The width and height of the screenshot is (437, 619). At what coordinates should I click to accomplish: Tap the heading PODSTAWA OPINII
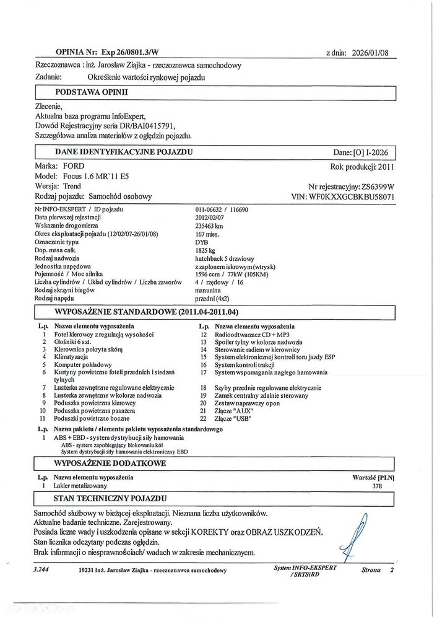[91, 92]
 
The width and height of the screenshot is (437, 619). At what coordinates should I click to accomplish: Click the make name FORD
[74, 167]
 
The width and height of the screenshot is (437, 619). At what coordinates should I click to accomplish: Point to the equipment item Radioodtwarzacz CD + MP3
[256, 334]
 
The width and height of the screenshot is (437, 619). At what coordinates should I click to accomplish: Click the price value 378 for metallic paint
[376, 486]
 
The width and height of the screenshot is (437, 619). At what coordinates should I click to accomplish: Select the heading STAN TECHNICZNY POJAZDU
[109, 498]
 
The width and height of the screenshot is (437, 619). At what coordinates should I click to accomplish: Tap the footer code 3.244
[42, 569]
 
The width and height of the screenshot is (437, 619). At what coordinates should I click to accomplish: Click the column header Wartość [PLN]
[373, 478]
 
